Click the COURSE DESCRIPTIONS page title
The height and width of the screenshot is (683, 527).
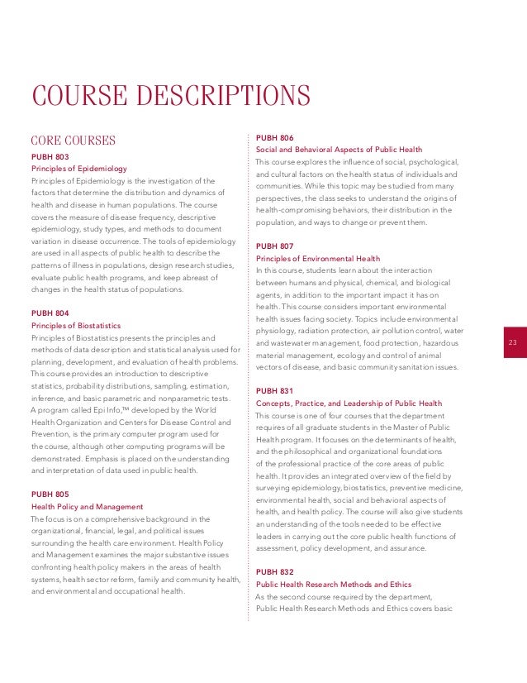169,96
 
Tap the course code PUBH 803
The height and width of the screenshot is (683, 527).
50,156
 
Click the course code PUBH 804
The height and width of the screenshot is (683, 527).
50,313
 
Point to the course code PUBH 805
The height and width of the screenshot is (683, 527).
50,494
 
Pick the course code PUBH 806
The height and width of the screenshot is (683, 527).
275,137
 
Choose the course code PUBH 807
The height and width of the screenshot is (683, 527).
275,246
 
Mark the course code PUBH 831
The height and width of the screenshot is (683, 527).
275,389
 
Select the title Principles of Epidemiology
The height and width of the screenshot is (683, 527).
74,169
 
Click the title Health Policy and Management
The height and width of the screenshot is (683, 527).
87,506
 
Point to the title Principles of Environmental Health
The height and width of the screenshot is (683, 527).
318,258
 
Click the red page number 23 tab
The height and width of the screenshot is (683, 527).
512,343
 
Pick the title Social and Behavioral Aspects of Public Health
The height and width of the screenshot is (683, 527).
339,150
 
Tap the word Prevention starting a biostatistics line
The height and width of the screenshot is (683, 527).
52,434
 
